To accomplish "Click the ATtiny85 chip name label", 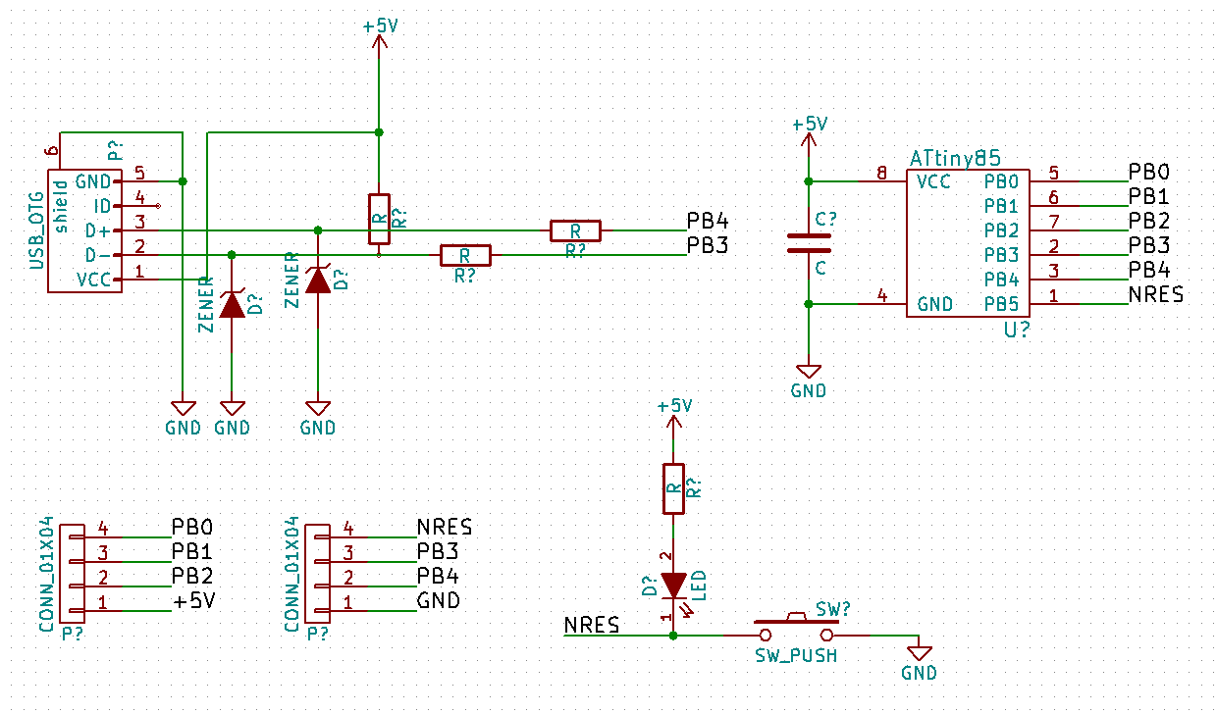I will tap(955, 158).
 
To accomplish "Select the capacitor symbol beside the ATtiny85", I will tap(809, 243).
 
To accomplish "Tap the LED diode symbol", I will tap(673, 586).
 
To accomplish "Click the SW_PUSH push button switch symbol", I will tap(796, 627).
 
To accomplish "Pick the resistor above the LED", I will tap(673, 487).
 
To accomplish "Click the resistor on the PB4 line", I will tap(575, 230).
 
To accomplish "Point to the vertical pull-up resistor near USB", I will tap(379, 218).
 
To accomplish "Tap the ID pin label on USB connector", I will tap(102, 206).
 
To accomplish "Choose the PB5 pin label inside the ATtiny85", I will tap(1000, 304).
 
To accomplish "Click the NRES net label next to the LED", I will tap(592, 625).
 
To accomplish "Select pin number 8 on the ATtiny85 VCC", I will tap(881, 174).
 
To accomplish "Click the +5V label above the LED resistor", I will tap(674, 406).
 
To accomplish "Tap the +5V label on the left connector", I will tap(194, 600).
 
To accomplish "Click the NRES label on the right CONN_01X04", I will tap(445, 527).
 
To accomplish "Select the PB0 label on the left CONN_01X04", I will tap(192, 527).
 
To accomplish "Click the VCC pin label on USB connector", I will tap(93, 280).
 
